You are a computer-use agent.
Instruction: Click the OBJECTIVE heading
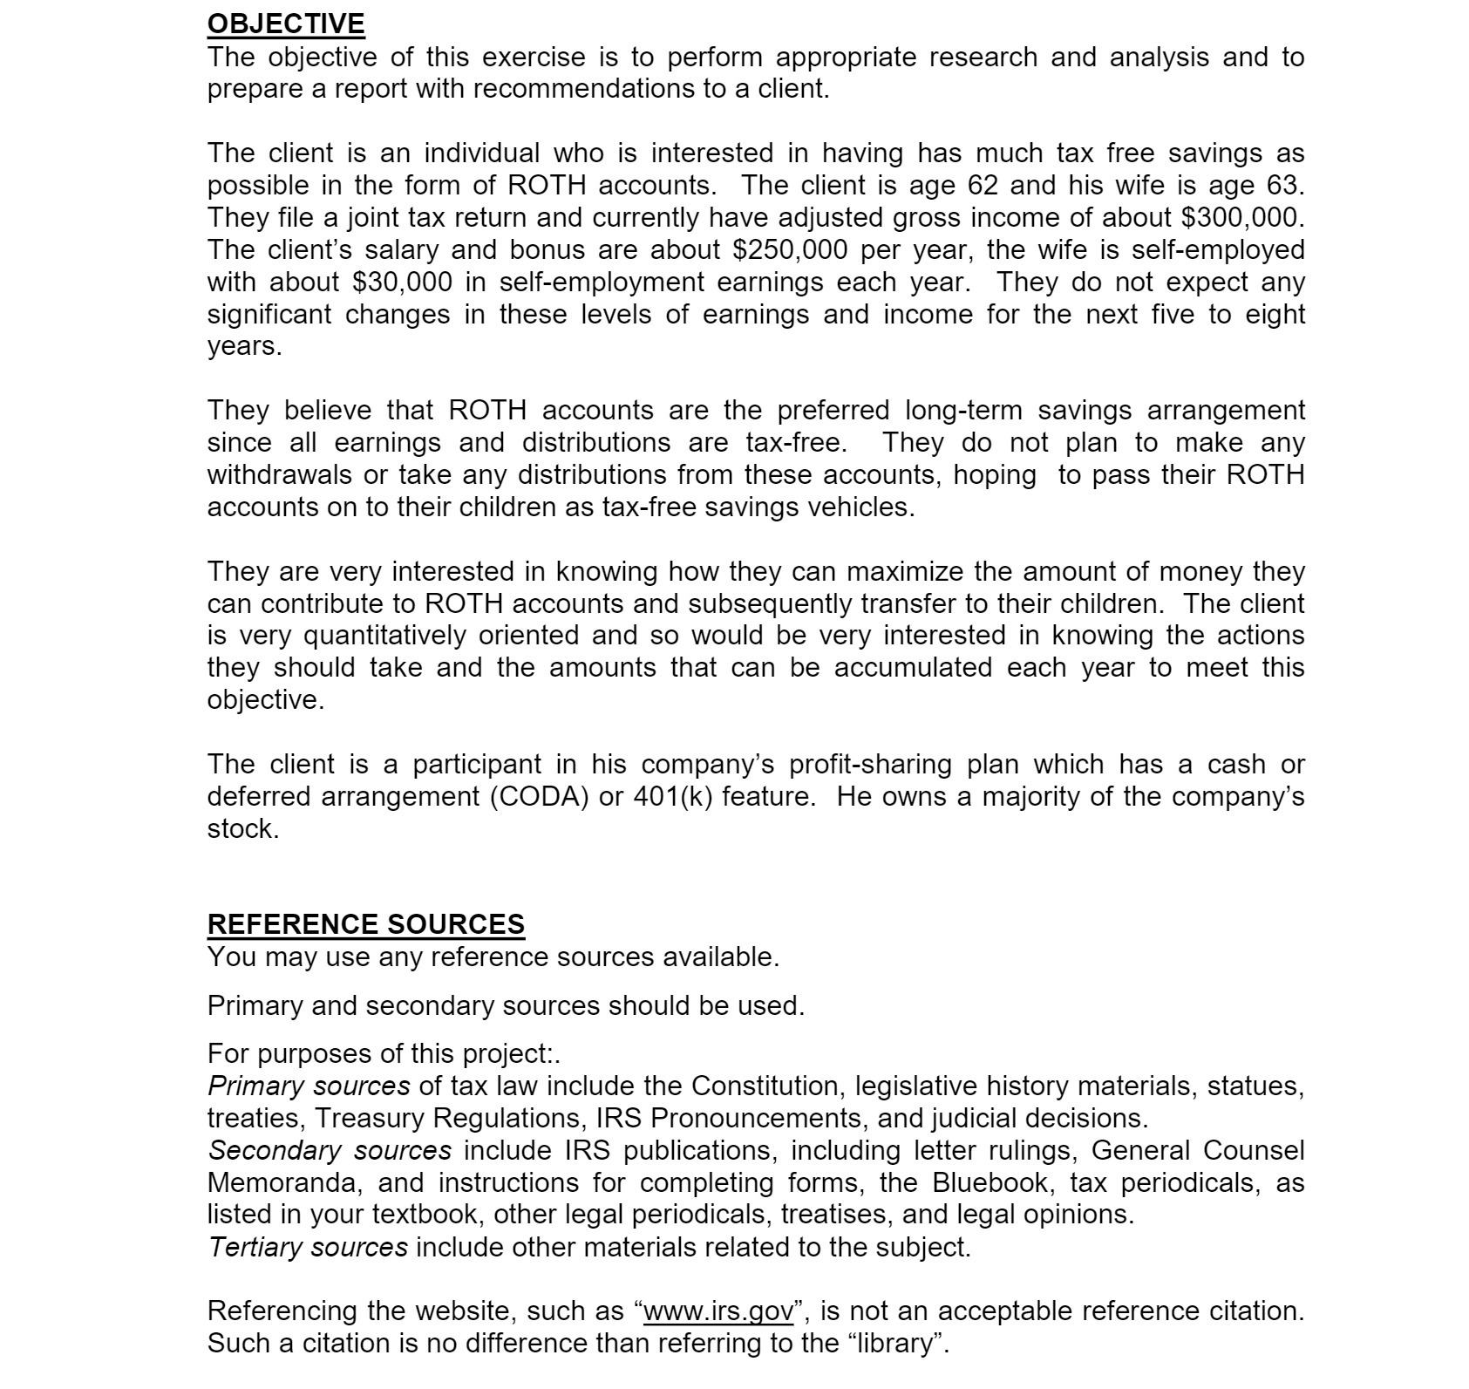coord(285,24)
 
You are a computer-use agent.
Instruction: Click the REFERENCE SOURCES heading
coord(365,924)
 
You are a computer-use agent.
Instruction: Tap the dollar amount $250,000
coord(789,249)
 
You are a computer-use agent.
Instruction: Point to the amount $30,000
coord(402,282)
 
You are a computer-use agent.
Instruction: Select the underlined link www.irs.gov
coord(718,1311)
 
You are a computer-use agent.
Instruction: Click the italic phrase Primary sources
coord(308,1086)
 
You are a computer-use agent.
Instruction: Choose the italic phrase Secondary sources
coord(329,1150)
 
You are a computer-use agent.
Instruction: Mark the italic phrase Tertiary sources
coord(307,1247)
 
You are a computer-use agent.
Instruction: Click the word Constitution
coord(766,1086)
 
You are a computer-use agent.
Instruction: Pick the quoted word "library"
coord(897,1343)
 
